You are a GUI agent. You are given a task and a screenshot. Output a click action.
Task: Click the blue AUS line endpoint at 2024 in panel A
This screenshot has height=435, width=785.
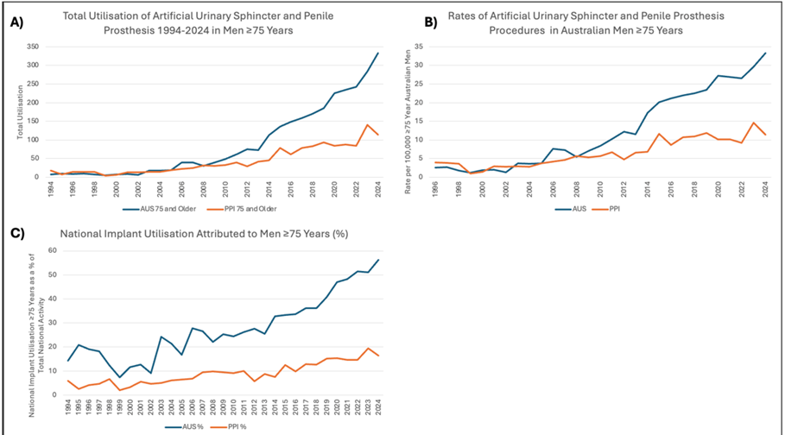(377, 53)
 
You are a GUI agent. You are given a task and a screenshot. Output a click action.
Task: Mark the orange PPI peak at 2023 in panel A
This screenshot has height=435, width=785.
(368, 125)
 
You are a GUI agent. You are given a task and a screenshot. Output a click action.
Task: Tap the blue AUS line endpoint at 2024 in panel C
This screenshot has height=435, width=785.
(377, 260)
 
